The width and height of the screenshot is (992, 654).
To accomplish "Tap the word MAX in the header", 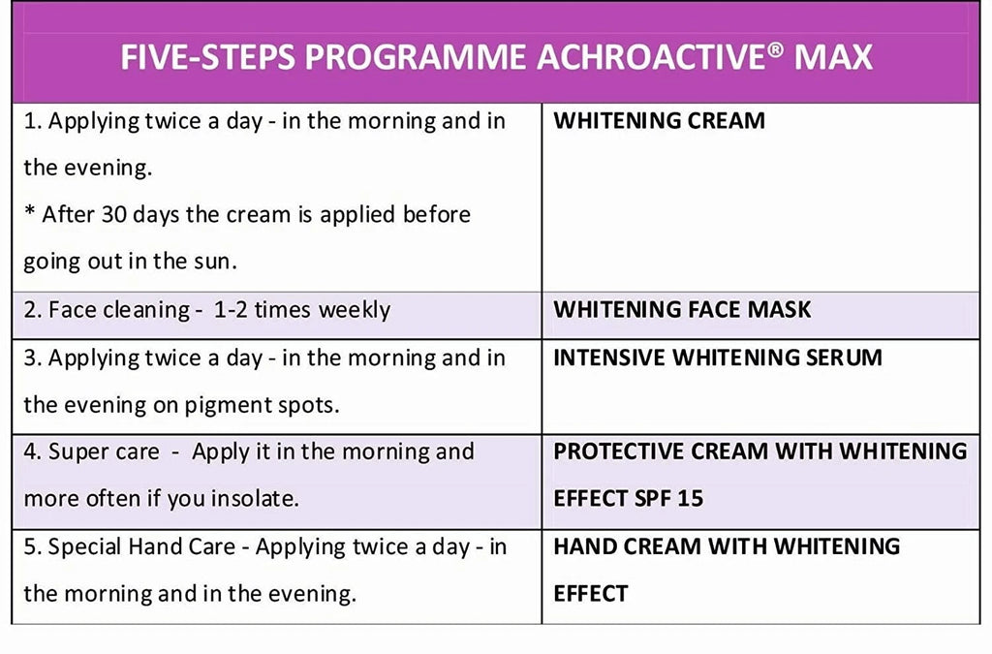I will pos(833,57).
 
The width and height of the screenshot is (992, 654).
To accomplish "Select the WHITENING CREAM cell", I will pos(659,121).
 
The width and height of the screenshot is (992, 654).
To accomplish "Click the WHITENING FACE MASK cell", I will pos(682,310).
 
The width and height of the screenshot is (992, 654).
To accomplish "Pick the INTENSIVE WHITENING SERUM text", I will pos(717,358).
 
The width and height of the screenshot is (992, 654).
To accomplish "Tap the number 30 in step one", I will pos(115,215).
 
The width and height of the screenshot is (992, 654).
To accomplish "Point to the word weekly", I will pos(355,310).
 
